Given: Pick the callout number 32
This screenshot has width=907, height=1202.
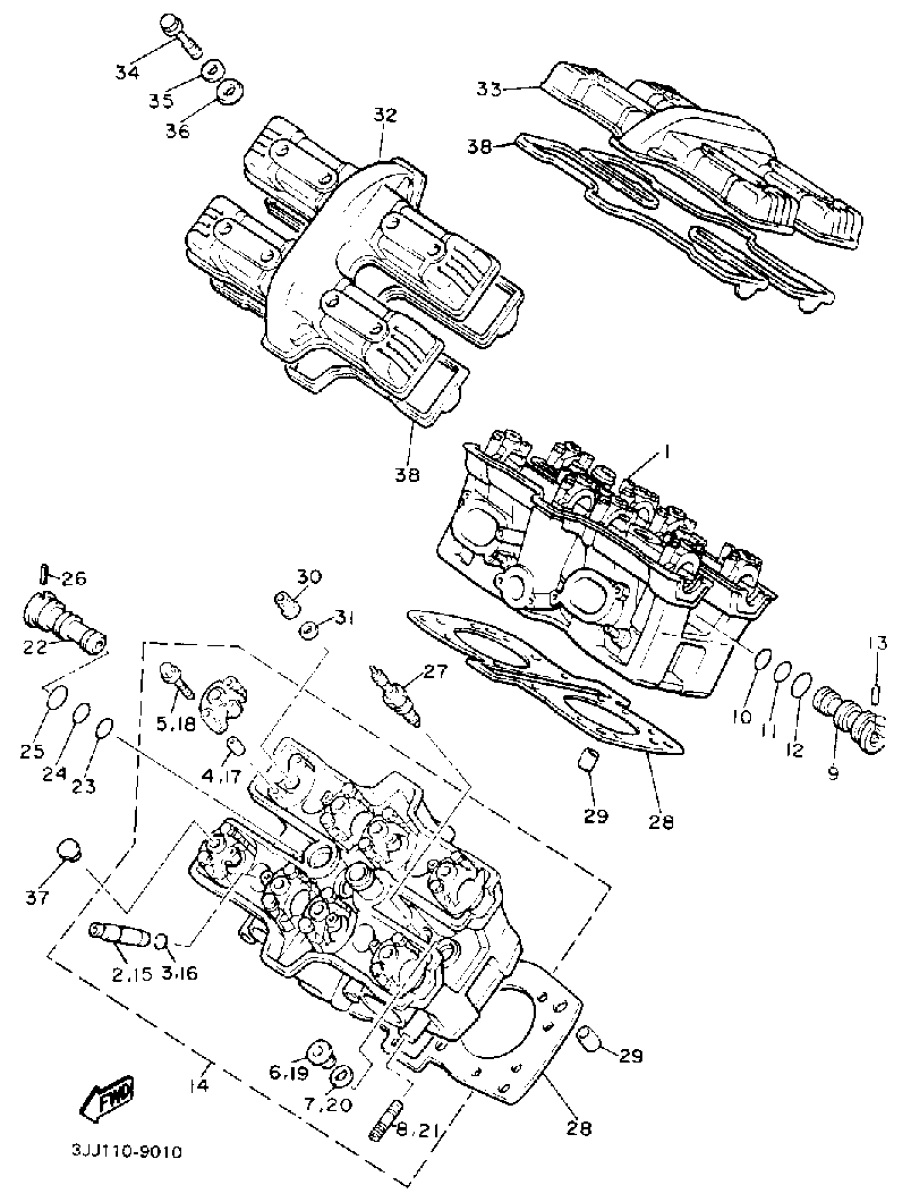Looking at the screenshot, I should click(x=385, y=115).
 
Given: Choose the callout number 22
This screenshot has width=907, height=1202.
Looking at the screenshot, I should click(x=35, y=648).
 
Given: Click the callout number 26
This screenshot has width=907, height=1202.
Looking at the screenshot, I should click(x=74, y=578).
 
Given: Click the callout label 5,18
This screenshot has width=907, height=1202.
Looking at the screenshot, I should click(x=176, y=724).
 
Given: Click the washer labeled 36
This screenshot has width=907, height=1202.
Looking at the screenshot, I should click(x=230, y=90).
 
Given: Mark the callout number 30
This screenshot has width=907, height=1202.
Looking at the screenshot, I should click(x=309, y=576).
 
